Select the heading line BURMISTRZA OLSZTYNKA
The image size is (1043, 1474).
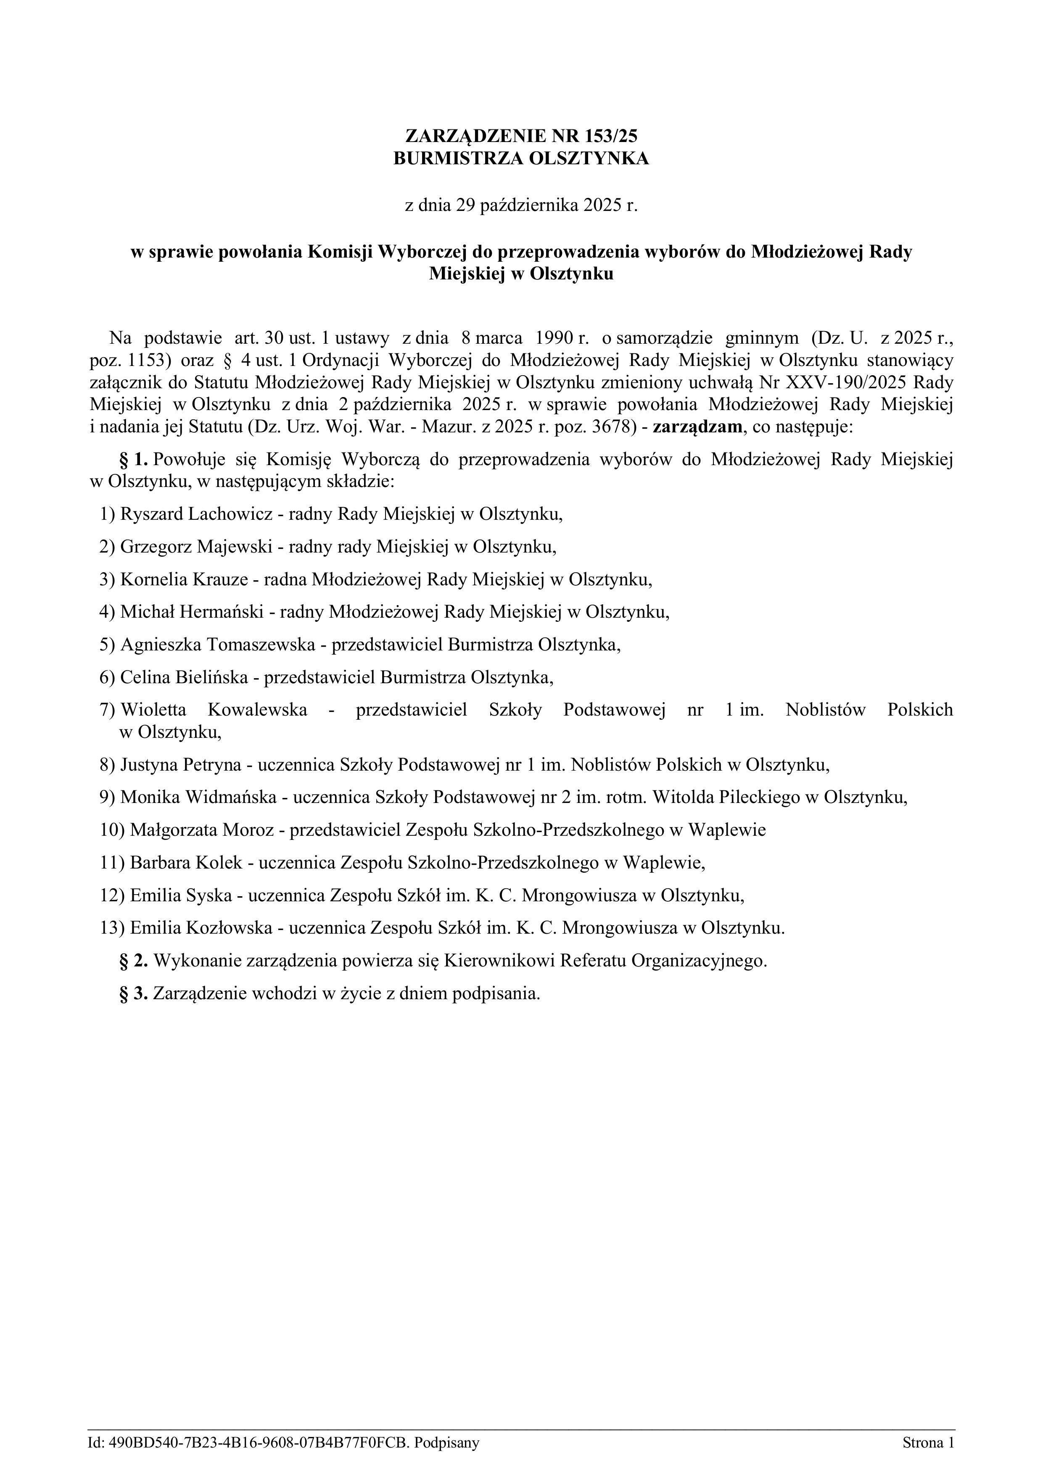[x=521, y=158]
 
